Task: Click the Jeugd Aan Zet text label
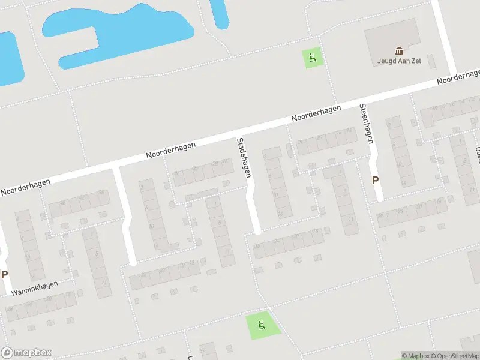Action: click(x=399, y=61)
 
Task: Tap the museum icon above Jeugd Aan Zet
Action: click(x=399, y=51)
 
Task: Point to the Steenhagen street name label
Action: click(x=367, y=124)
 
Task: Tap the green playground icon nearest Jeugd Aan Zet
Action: click(x=312, y=58)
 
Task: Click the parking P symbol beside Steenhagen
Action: click(x=376, y=179)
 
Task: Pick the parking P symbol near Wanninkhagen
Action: click(x=5, y=275)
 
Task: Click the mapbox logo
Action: click(x=27, y=352)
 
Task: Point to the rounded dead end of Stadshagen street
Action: click(x=257, y=229)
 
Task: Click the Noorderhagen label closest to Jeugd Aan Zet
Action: click(x=458, y=76)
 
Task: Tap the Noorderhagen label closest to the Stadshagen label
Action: click(x=316, y=113)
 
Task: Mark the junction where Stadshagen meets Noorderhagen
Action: click(x=245, y=130)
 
